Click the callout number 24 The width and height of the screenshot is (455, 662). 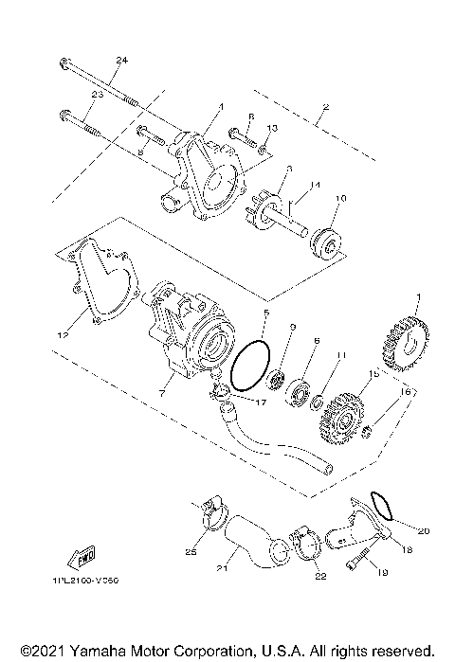tap(120, 61)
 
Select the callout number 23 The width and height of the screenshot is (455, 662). tap(97, 95)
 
